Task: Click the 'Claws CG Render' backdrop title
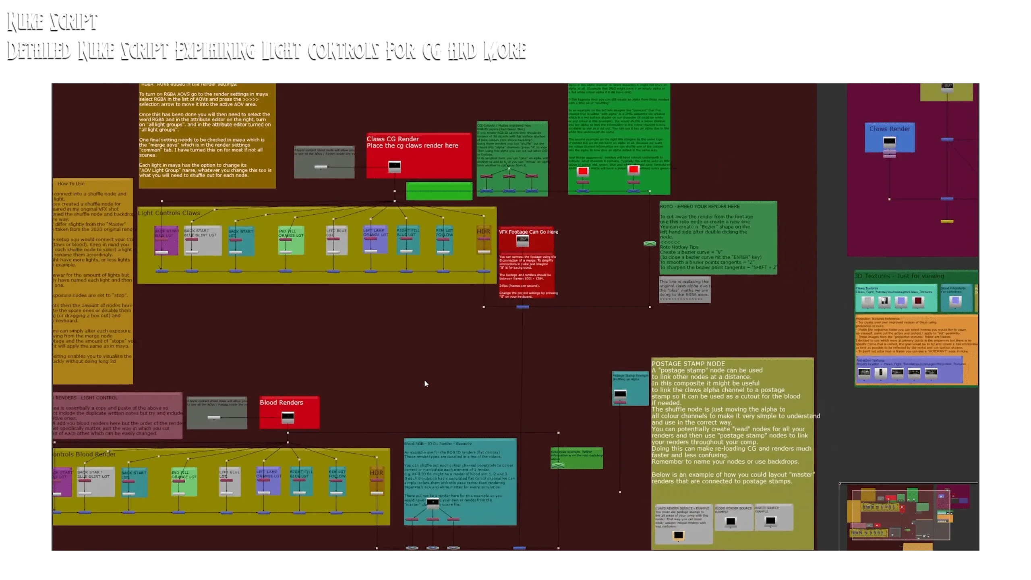pyautogui.click(x=393, y=139)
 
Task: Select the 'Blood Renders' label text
pyautogui.click(x=281, y=402)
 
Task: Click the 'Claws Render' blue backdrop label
pyautogui.click(x=889, y=129)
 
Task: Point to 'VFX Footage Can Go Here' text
pyautogui.click(x=528, y=232)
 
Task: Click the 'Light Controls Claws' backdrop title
pyautogui.click(x=169, y=213)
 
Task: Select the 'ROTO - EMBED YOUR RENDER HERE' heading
pyautogui.click(x=700, y=207)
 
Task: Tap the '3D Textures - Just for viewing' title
pyautogui.click(x=899, y=276)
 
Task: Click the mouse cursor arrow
pyautogui.click(x=426, y=383)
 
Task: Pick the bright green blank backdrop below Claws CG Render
pyautogui.click(x=439, y=191)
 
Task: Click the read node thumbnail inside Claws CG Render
pyautogui.click(x=395, y=166)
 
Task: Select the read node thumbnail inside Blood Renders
pyautogui.click(x=288, y=417)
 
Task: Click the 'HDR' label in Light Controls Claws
pyautogui.click(x=483, y=232)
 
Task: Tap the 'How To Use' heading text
pyautogui.click(x=71, y=184)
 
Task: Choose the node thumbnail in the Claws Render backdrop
pyautogui.click(x=889, y=142)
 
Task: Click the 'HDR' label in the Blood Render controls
pyautogui.click(x=377, y=473)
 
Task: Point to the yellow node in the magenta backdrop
pyautogui.click(x=947, y=222)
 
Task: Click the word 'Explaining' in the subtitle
pyautogui.click(x=215, y=50)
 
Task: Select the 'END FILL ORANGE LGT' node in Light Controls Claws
pyautogui.click(x=291, y=240)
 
